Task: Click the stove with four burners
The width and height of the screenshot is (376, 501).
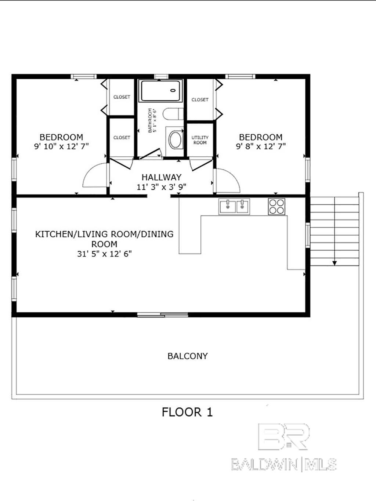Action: [x=276, y=206]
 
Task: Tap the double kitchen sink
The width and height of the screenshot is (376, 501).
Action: [x=234, y=206]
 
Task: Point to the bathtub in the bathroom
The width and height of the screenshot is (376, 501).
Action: [x=160, y=91]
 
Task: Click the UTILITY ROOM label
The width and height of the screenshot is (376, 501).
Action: [x=200, y=140]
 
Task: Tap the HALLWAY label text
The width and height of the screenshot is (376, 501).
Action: [x=161, y=177]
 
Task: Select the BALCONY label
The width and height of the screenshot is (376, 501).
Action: [x=187, y=356]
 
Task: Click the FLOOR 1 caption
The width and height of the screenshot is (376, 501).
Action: [x=187, y=412]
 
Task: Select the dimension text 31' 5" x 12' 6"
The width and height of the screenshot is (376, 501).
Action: [x=104, y=254]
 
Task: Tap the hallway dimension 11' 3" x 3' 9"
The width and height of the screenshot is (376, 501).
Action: [x=161, y=187]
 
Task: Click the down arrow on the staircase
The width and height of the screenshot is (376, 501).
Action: [x=335, y=262]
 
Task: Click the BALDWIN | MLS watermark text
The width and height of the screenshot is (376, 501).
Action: [x=283, y=465]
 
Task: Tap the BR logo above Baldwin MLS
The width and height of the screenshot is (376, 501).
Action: [x=283, y=437]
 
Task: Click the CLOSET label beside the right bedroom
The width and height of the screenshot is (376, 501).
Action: [x=200, y=99]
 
